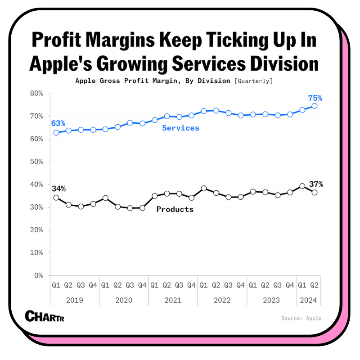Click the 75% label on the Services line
(x=315, y=98)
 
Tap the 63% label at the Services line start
(x=58, y=123)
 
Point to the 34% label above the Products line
(x=58, y=189)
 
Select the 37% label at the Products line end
(x=316, y=184)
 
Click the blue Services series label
(x=180, y=128)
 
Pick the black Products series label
(x=175, y=209)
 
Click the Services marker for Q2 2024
(x=315, y=106)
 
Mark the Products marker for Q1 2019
(x=56, y=198)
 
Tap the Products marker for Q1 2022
(x=204, y=189)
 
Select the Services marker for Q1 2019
(x=56, y=133)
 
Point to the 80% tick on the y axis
(x=36, y=94)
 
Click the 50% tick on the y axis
(x=36, y=162)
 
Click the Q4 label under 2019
(x=93, y=285)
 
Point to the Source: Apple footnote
(x=301, y=318)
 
